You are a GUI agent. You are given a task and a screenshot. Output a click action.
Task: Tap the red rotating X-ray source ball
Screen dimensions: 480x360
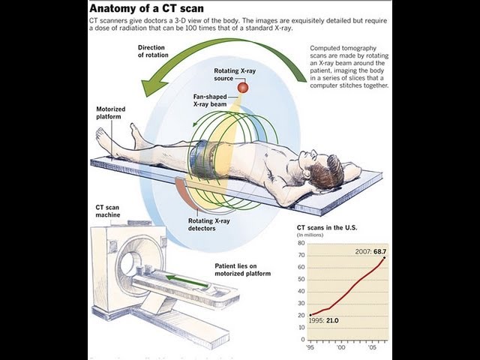pos(242,88)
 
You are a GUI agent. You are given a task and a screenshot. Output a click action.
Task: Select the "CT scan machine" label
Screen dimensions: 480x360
pos(109,211)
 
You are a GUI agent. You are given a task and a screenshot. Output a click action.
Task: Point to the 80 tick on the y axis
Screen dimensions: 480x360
pos(301,243)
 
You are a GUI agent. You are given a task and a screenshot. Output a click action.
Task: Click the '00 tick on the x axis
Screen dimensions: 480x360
pos(342,348)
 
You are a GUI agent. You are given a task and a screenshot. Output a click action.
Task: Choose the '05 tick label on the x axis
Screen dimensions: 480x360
pos(372,348)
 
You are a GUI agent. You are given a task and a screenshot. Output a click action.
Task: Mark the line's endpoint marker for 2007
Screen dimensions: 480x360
pos(385,259)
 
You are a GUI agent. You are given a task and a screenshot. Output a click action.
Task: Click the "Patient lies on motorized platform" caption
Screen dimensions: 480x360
pos(242,269)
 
